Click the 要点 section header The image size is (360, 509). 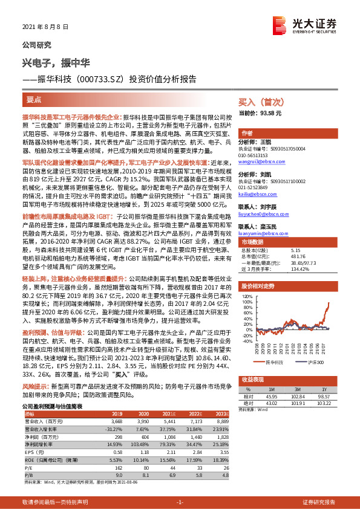pos(34,99)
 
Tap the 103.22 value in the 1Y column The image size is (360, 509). pos(321,403)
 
